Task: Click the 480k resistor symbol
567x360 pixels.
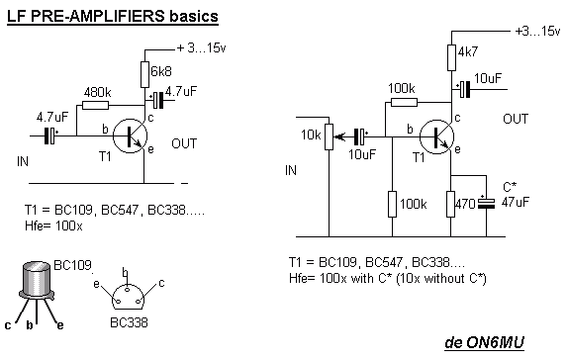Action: click(95, 105)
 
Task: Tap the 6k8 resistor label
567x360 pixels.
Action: click(161, 71)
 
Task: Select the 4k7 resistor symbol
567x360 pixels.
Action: click(451, 57)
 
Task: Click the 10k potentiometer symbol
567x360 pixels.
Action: click(330, 136)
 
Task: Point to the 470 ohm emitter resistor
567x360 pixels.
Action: click(450, 204)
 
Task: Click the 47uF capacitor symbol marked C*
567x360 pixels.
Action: click(486, 203)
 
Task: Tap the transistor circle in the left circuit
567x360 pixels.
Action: click(130, 135)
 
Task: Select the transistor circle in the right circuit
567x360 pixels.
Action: click(436, 137)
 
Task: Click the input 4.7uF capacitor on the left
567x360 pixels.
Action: click(51, 135)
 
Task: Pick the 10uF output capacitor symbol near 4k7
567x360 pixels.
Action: click(464, 89)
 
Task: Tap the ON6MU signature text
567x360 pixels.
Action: click(484, 342)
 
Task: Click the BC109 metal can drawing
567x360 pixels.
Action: click(37, 280)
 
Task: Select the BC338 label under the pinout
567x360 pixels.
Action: click(129, 322)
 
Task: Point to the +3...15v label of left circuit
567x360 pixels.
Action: click(201, 47)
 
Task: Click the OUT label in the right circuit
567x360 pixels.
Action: click(516, 119)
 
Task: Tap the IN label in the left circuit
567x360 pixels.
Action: click(23, 161)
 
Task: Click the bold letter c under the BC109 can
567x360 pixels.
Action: click(8, 325)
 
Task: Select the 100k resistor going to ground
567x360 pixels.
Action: click(392, 204)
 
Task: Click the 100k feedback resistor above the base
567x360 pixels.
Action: click(405, 102)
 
